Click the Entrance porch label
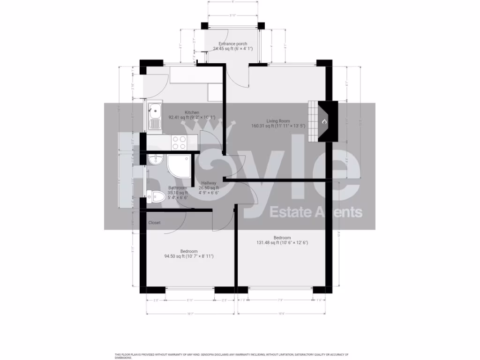click(229, 44)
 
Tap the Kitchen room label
click(192, 112)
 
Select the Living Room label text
click(278, 120)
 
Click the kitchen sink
click(154, 112)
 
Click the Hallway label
click(209, 183)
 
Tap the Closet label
click(154, 223)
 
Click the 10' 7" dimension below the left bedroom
click(190, 314)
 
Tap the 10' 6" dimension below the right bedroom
click(282, 314)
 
